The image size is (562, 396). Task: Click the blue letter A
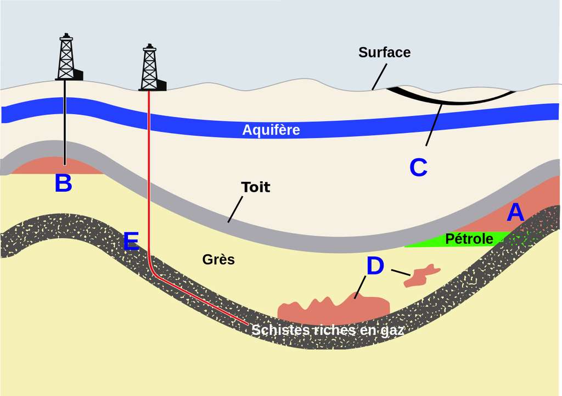coord(515,213)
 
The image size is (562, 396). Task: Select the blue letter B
coord(63,183)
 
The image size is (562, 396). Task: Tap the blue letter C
coord(418,168)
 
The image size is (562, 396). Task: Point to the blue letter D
coord(375,266)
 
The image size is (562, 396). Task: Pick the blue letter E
coord(131,242)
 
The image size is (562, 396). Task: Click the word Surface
coord(384,53)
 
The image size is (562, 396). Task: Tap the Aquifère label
coord(271,130)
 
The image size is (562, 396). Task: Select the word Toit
coord(256,187)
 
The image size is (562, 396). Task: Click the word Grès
coord(218,259)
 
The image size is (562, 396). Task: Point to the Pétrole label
coord(469,239)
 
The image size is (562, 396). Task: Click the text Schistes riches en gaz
coord(328,330)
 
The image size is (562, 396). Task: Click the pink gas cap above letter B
coord(58,166)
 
